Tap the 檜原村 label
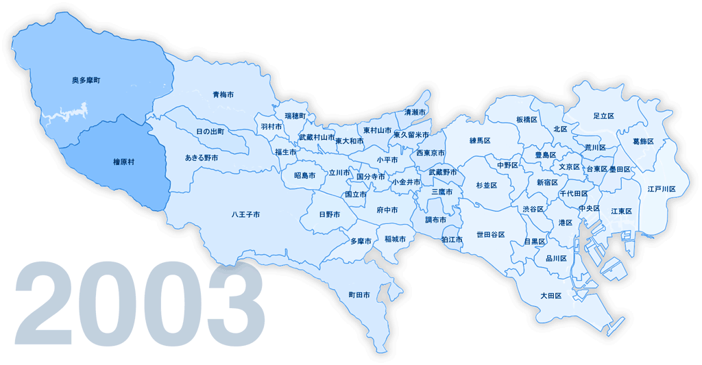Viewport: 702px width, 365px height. pos(124,162)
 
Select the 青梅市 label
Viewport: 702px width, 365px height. pos(223,95)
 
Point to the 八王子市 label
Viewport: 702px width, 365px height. pos(245,215)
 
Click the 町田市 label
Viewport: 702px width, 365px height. pos(359,295)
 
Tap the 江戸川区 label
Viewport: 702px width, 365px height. pos(662,189)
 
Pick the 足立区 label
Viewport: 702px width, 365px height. pos(603,116)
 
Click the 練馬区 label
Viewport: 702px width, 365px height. pos(481,140)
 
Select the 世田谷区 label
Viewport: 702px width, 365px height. pos(491,235)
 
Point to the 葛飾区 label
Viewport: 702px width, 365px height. pos(643,142)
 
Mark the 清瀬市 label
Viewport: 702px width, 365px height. pos(415,112)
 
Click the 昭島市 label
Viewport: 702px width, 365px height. pos(304,176)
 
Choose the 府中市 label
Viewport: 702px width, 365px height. pos(387,210)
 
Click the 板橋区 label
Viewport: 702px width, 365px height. pos(526,120)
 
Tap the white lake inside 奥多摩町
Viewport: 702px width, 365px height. pos(69,112)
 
